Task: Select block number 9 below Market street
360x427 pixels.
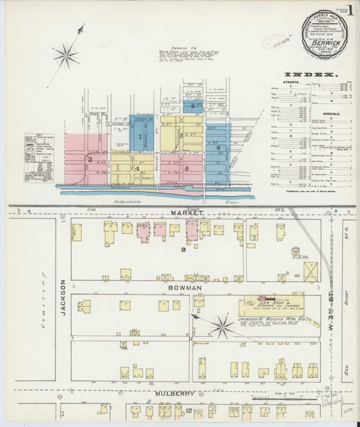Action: pyautogui.click(x=183, y=251)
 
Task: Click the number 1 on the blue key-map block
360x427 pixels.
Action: pyautogui.click(x=141, y=135)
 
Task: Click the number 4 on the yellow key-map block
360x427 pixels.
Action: pyautogui.click(x=136, y=169)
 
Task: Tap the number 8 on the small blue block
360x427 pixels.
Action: pyautogui.click(x=194, y=105)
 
